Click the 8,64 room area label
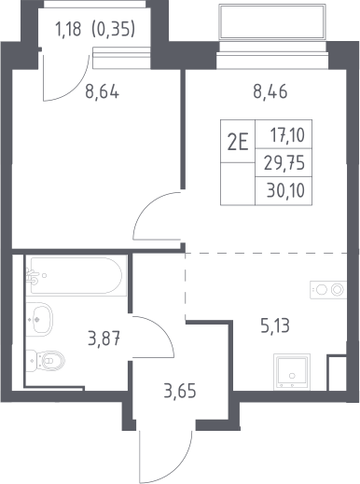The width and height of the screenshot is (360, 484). coord(102,92)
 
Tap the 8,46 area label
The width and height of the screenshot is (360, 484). coord(270,91)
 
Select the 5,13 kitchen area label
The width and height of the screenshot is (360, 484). coord(275,326)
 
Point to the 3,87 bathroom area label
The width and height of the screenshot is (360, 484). coord(104,339)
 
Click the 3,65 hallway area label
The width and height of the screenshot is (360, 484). coord(180,391)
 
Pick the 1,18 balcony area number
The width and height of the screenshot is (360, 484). coord(68,30)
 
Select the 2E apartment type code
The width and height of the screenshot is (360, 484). coord(238,144)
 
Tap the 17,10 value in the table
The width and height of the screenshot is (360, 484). coord(287,135)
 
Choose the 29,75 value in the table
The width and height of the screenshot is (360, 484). coord(284,163)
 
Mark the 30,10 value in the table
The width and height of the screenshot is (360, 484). coord(285,190)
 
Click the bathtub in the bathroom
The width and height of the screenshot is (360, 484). coord(76,275)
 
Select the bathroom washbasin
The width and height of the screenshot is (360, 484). coord(39,319)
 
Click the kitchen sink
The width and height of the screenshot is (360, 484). coord(292,372)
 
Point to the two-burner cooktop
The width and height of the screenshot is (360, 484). coord(328,290)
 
